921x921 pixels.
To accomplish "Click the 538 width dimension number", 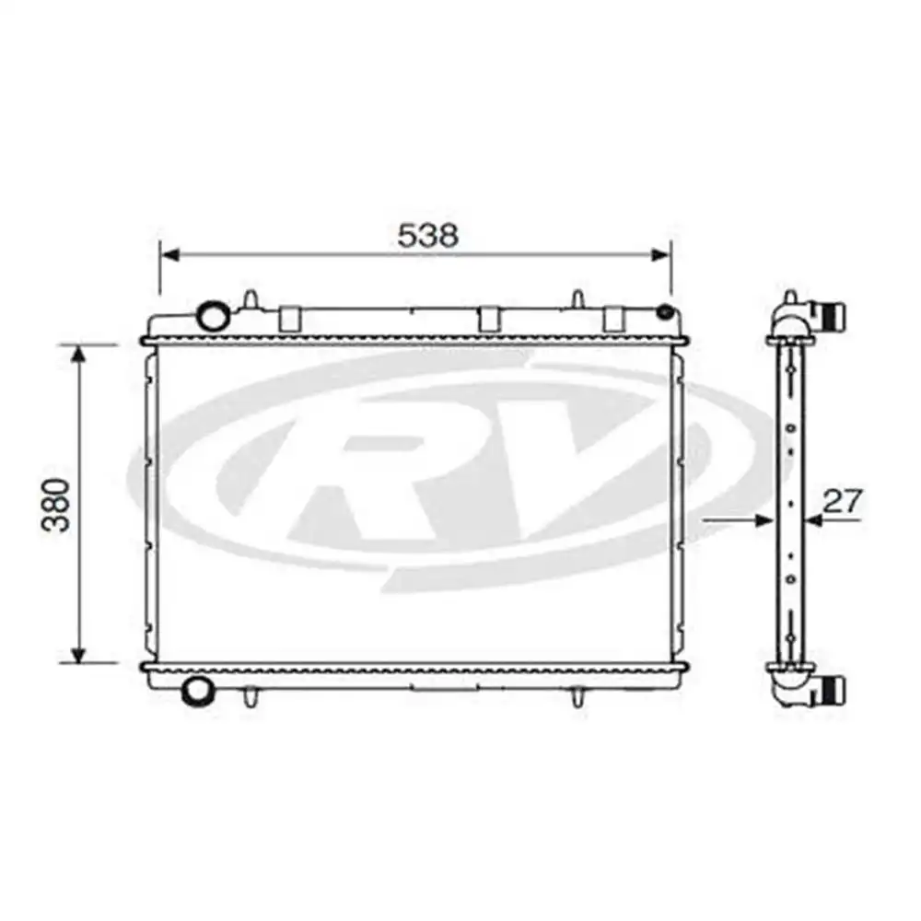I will click(x=427, y=236).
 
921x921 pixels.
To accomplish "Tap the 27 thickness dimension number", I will click(x=842, y=502).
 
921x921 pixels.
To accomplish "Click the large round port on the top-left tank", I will click(x=214, y=316).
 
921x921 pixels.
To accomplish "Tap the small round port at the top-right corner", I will click(x=664, y=312).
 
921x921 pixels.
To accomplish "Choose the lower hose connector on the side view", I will click(x=834, y=688).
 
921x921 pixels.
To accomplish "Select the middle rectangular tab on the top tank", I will click(x=489, y=318).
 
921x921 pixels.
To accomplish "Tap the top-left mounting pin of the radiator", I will click(x=250, y=300).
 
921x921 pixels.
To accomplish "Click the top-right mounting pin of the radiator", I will click(x=577, y=300).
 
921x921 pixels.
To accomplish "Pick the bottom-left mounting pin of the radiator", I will click(x=250, y=697).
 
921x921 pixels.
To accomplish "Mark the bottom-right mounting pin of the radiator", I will click(x=577, y=697).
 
